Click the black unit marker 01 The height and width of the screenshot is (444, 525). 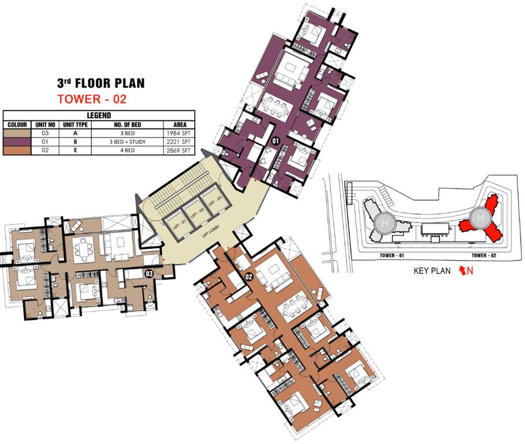(x=275, y=140)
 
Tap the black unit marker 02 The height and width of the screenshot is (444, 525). (x=250, y=276)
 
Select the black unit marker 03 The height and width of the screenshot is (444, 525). (x=148, y=273)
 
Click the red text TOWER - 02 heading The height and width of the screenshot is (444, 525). (x=92, y=99)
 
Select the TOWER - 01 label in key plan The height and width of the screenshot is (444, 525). (x=395, y=255)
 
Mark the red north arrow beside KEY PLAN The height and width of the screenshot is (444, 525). (x=462, y=271)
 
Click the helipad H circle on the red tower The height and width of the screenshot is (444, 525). (x=479, y=219)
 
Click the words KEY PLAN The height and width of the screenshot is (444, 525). (x=433, y=271)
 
